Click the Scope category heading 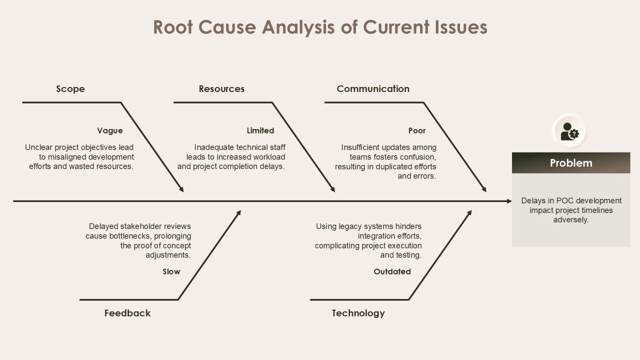pyautogui.click(x=70, y=89)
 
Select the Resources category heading pyautogui.click(x=221, y=89)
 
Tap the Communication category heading pyautogui.click(x=373, y=89)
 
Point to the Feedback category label pyautogui.click(x=127, y=313)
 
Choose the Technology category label pyautogui.click(x=358, y=313)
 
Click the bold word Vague pyautogui.click(x=110, y=131)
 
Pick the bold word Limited pyautogui.click(x=260, y=130)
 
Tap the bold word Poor pyautogui.click(x=417, y=130)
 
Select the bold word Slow pyautogui.click(x=171, y=271)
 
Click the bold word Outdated pyautogui.click(x=392, y=271)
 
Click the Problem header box pyautogui.click(x=571, y=163)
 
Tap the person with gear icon pyautogui.click(x=569, y=131)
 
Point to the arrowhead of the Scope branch pyautogui.click(x=181, y=189)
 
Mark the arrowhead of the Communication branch pyautogui.click(x=484, y=189)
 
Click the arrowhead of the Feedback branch pyautogui.click(x=238, y=213)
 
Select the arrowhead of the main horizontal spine pyautogui.click(x=509, y=201)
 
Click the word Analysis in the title pyautogui.click(x=298, y=27)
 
